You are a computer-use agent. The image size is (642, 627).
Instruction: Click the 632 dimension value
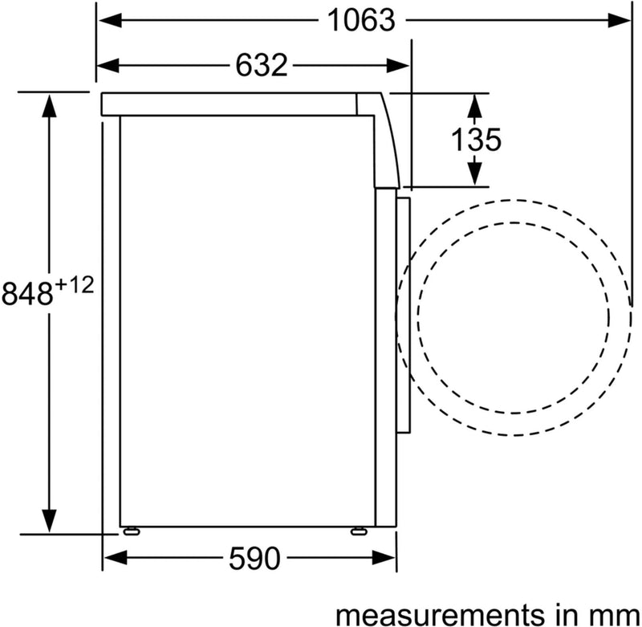261,64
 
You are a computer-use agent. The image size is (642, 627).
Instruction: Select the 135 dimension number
475,140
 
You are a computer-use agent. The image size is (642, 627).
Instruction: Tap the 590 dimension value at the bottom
256,556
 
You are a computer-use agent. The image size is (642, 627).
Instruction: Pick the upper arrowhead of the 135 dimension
475,102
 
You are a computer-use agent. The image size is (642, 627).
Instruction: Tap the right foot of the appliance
356,531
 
